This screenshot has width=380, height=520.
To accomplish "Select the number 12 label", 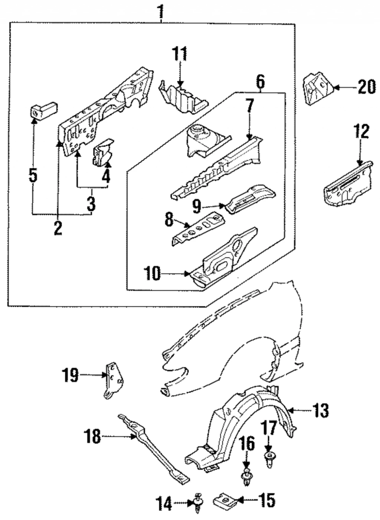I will (362, 132).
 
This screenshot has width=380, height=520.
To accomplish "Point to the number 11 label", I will (180, 54).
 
